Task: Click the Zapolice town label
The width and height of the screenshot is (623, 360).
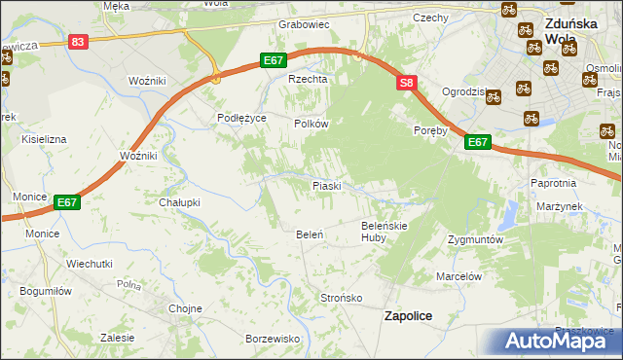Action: click(x=408, y=316)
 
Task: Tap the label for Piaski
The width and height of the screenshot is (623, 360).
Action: click(x=325, y=185)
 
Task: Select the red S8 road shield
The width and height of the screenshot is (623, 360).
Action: click(x=407, y=85)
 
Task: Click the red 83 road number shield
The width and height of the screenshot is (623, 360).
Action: click(x=79, y=41)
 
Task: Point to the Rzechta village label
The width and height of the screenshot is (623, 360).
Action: click(x=305, y=80)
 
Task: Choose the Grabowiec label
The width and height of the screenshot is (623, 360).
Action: click(x=305, y=24)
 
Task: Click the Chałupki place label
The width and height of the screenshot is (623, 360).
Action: click(x=179, y=202)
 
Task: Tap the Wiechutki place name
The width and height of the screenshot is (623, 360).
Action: click(x=90, y=264)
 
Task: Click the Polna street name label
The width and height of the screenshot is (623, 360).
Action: click(x=128, y=285)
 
